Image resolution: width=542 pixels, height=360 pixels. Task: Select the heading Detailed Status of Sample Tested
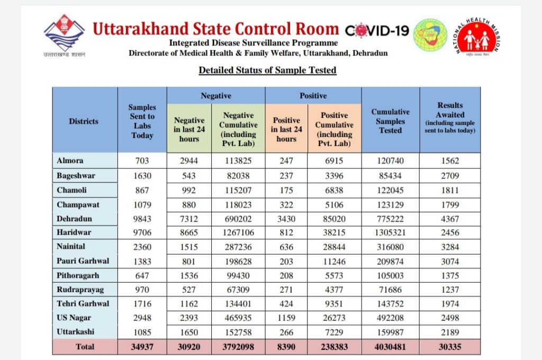[x=267, y=70]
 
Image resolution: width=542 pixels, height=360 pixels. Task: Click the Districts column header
[x=84, y=121]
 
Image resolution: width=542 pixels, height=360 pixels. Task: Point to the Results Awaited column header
[x=450, y=118]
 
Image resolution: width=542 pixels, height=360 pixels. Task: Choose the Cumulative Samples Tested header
[x=390, y=121]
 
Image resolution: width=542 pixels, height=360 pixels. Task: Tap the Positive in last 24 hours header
[x=286, y=130]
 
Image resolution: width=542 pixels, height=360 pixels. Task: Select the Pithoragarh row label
[x=78, y=275]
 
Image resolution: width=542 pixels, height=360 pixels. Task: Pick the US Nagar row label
[x=74, y=318]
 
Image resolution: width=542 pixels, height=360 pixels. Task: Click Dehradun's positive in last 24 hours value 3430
[x=286, y=219]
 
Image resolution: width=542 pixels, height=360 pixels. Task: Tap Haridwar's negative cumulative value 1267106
[x=238, y=233]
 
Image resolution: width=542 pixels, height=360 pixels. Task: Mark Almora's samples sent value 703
[x=142, y=161]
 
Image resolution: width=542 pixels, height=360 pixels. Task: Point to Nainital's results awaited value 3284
[x=450, y=247]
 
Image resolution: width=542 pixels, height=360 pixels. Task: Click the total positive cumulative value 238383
[x=335, y=347]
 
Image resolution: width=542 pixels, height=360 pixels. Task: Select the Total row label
[x=85, y=347]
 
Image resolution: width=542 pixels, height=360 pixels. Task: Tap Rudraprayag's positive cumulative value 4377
[x=335, y=290]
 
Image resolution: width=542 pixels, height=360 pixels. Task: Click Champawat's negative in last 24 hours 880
[x=189, y=204]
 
